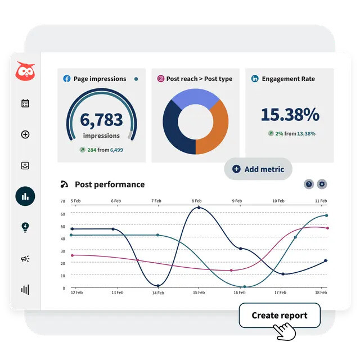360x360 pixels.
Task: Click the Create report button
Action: [280, 316]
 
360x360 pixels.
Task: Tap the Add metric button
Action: [258, 169]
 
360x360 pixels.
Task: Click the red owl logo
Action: [25, 72]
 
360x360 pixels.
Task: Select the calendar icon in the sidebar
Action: [25, 103]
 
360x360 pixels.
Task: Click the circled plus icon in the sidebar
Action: [25, 134]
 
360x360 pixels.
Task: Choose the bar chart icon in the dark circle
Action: [25, 196]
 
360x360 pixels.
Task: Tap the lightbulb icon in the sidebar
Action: [25, 227]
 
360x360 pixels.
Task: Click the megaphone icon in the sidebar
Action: [25, 259]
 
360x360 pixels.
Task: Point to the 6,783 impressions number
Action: [101, 119]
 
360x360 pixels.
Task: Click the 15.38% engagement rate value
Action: [290, 115]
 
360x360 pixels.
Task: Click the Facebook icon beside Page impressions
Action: [67, 79]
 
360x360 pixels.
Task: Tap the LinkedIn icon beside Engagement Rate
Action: [255, 79]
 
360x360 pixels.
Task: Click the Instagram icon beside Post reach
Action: [161, 79]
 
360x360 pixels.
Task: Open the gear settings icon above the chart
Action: [322, 184]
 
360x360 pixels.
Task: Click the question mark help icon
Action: [309, 184]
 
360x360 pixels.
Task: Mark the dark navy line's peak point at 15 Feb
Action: [199, 208]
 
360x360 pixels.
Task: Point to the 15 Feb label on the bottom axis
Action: [199, 292]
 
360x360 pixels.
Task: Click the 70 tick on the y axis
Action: [63, 201]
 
